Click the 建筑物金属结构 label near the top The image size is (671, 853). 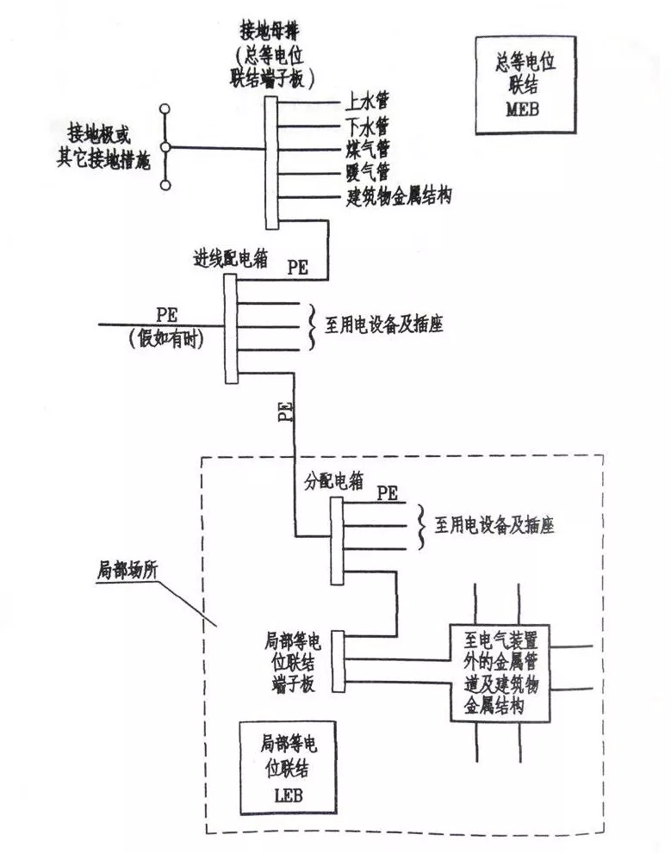tap(397, 196)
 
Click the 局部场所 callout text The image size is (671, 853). tap(127, 570)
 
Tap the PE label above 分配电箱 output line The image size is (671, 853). tap(387, 493)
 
